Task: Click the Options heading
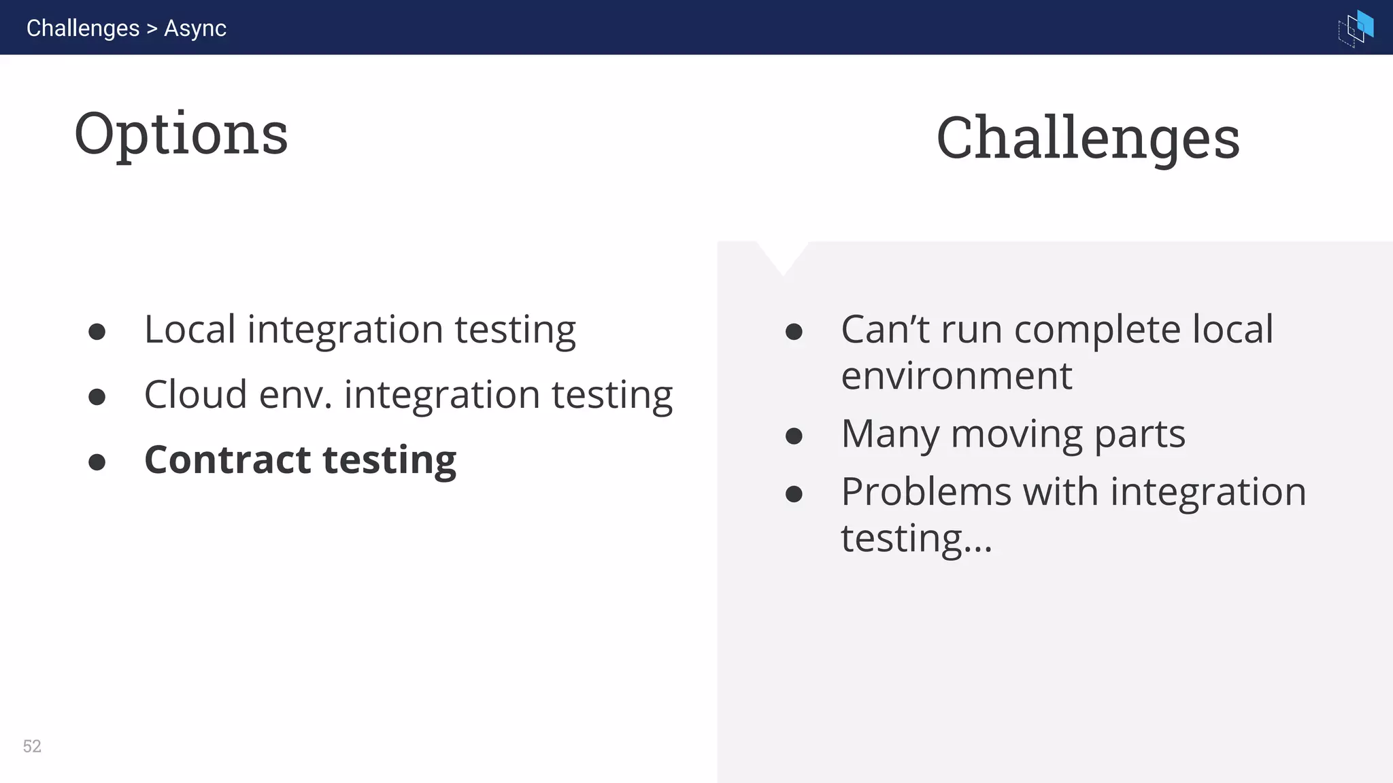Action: click(x=181, y=134)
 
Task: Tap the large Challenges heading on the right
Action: click(x=1088, y=138)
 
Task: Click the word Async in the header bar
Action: click(x=195, y=28)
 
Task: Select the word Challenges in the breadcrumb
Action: click(x=83, y=28)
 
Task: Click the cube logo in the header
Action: click(x=1356, y=28)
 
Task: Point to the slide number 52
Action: click(x=32, y=746)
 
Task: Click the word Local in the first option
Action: click(x=190, y=330)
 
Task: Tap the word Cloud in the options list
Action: click(x=195, y=395)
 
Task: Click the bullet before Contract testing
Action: click(x=97, y=462)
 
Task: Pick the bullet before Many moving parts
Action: click(x=794, y=436)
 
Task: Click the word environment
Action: click(x=956, y=376)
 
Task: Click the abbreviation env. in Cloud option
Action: click(x=296, y=396)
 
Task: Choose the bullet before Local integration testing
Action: click(x=97, y=332)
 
